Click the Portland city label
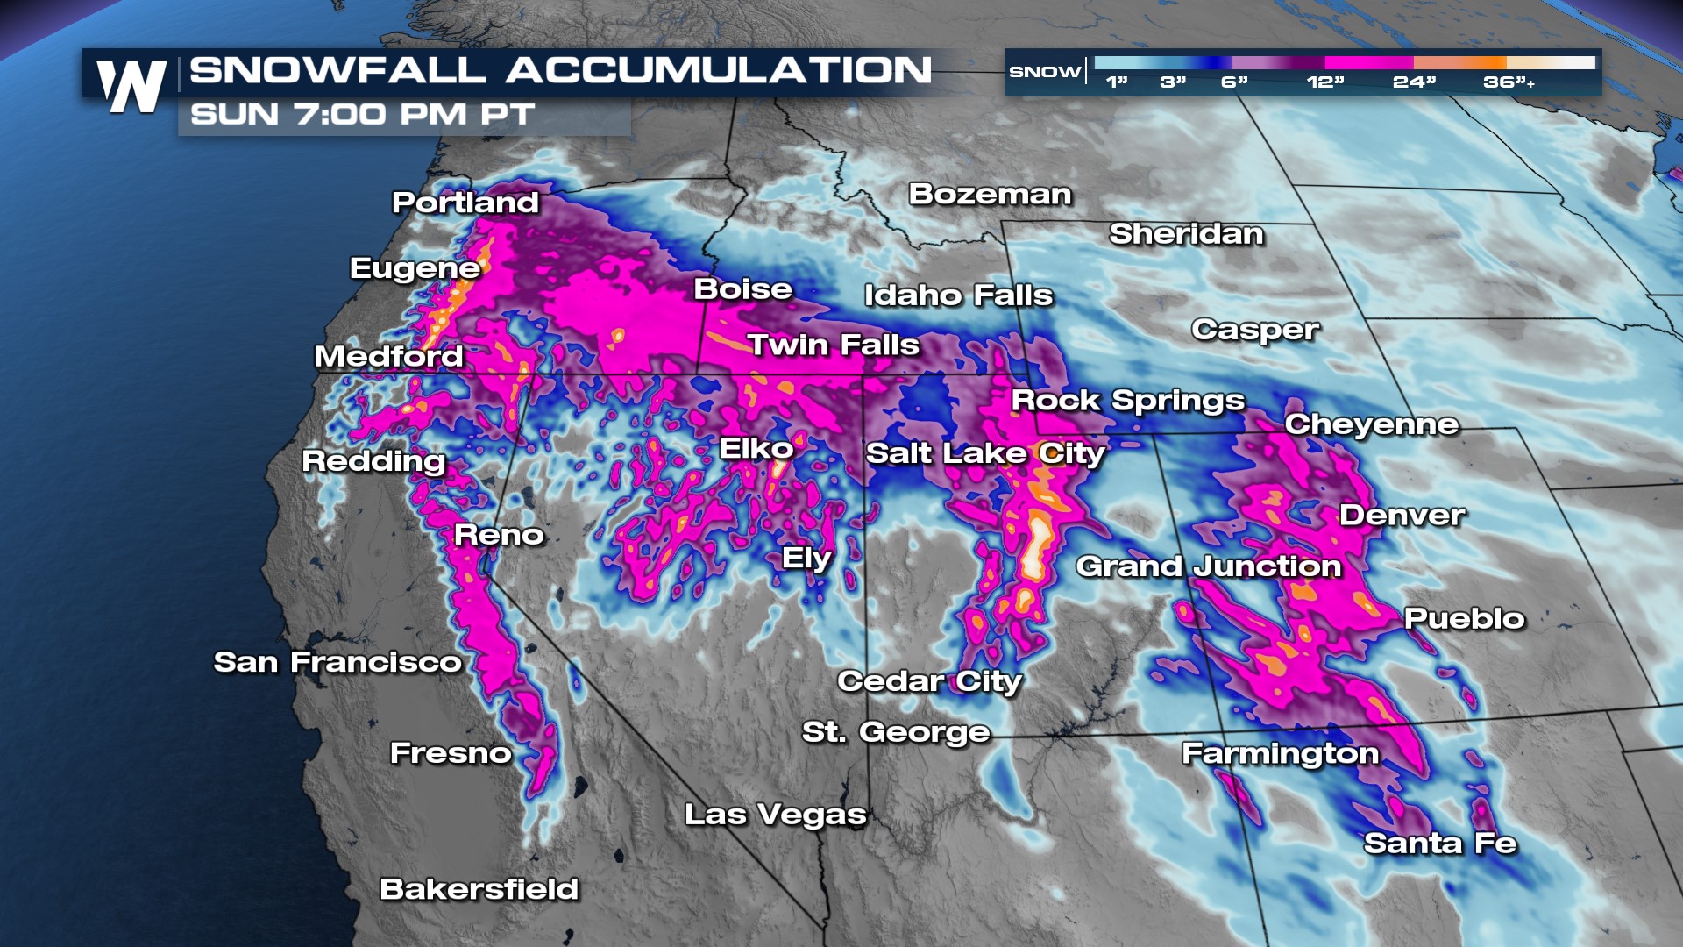click(465, 203)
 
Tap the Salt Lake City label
click(985, 453)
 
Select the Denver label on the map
click(1402, 515)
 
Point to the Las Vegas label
click(775, 815)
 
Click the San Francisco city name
click(337, 662)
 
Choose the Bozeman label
click(990, 194)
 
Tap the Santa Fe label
click(1439, 844)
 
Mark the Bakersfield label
click(479, 889)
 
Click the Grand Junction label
click(1209, 566)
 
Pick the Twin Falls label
click(833, 345)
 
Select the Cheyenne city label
click(1372, 424)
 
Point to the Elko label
click(756, 449)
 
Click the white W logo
click(131, 86)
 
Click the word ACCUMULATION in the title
click(719, 70)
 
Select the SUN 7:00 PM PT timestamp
click(362, 115)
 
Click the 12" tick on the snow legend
click(1324, 82)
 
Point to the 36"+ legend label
click(1508, 82)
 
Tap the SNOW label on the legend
click(1044, 72)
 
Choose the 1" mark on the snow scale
click(1116, 82)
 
